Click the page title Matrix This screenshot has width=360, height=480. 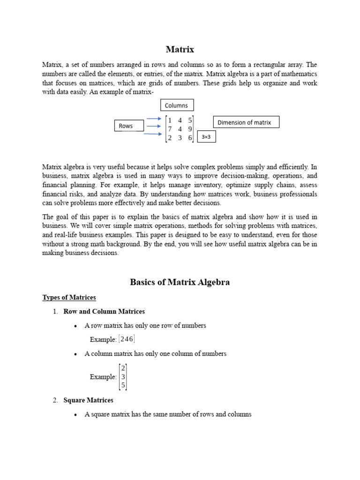(x=180, y=49)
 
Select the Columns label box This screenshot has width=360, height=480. (x=177, y=105)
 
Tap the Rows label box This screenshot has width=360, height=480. (x=128, y=126)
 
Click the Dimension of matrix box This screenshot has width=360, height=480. (x=246, y=122)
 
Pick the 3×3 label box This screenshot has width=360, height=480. (x=206, y=137)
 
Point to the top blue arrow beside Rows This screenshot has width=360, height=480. (x=154, y=119)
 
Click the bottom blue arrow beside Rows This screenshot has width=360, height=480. (x=154, y=134)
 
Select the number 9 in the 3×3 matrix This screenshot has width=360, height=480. (x=190, y=129)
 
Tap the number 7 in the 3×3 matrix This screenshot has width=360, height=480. (x=170, y=129)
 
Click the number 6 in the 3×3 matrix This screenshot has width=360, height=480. (x=190, y=138)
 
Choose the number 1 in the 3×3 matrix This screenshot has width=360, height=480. (x=170, y=120)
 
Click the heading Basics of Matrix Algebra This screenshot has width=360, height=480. (x=180, y=282)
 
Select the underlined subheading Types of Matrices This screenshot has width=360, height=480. (x=69, y=298)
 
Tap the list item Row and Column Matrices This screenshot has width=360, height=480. (x=104, y=311)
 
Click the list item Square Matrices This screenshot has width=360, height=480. (x=88, y=400)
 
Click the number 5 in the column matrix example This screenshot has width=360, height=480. (x=123, y=385)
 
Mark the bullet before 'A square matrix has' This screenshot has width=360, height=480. (x=76, y=415)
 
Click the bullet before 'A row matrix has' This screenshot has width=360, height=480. (x=76, y=326)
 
